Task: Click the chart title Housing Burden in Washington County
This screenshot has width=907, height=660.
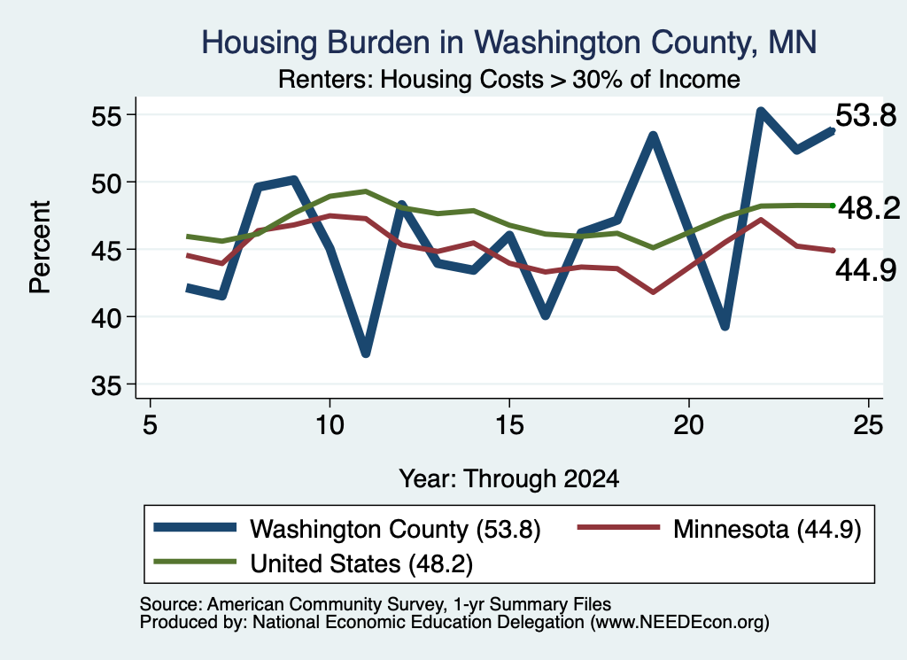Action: (x=509, y=43)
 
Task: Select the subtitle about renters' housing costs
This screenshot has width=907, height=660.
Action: (x=509, y=79)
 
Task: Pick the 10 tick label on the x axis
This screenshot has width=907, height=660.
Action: (x=329, y=425)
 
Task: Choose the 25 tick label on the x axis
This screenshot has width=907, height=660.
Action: (x=868, y=425)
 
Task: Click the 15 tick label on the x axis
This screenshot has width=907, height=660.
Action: (x=509, y=425)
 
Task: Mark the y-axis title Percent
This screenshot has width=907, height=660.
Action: (x=40, y=247)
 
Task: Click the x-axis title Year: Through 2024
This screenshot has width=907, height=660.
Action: (x=509, y=479)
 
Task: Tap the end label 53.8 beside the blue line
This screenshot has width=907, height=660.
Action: (x=866, y=116)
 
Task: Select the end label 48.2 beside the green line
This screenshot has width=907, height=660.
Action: (x=869, y=207)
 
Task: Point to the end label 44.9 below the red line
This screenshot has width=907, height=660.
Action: (x=866, y=270)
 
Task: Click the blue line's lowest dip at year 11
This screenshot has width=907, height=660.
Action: (x=366, y=353)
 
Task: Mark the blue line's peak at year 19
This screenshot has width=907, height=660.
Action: (x=653, y=136)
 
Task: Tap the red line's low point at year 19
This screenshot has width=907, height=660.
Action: (x=653, y=292)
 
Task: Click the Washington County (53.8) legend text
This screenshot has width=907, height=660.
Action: (x=395, y=529)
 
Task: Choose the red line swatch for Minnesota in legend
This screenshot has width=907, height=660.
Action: (x=618, y=527)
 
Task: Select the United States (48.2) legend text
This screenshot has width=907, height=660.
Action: (x=361, y=563)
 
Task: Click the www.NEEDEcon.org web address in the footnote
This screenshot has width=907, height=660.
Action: (x=679, y=623)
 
